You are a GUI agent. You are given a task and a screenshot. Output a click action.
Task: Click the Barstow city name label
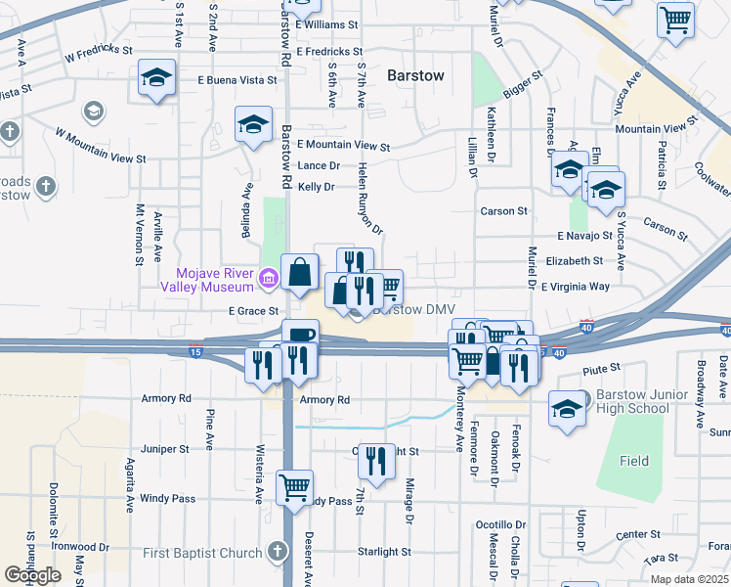pos(415,74)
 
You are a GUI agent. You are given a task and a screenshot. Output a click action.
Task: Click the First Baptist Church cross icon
pos(277,553)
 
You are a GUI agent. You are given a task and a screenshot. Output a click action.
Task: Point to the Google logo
pos(32,575)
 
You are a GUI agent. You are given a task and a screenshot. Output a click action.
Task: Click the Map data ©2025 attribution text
pos(689,579)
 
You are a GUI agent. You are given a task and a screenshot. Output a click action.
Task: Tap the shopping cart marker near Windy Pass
pos(294,486)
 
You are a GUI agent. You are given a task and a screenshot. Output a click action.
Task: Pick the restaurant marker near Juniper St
pos(373,460)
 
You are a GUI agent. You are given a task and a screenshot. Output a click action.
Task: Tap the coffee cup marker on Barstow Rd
pos(300,336)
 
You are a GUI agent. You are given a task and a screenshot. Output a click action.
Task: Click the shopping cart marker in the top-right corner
pos(675,20)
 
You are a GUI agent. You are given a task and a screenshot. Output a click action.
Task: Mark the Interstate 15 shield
pos(195,352)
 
